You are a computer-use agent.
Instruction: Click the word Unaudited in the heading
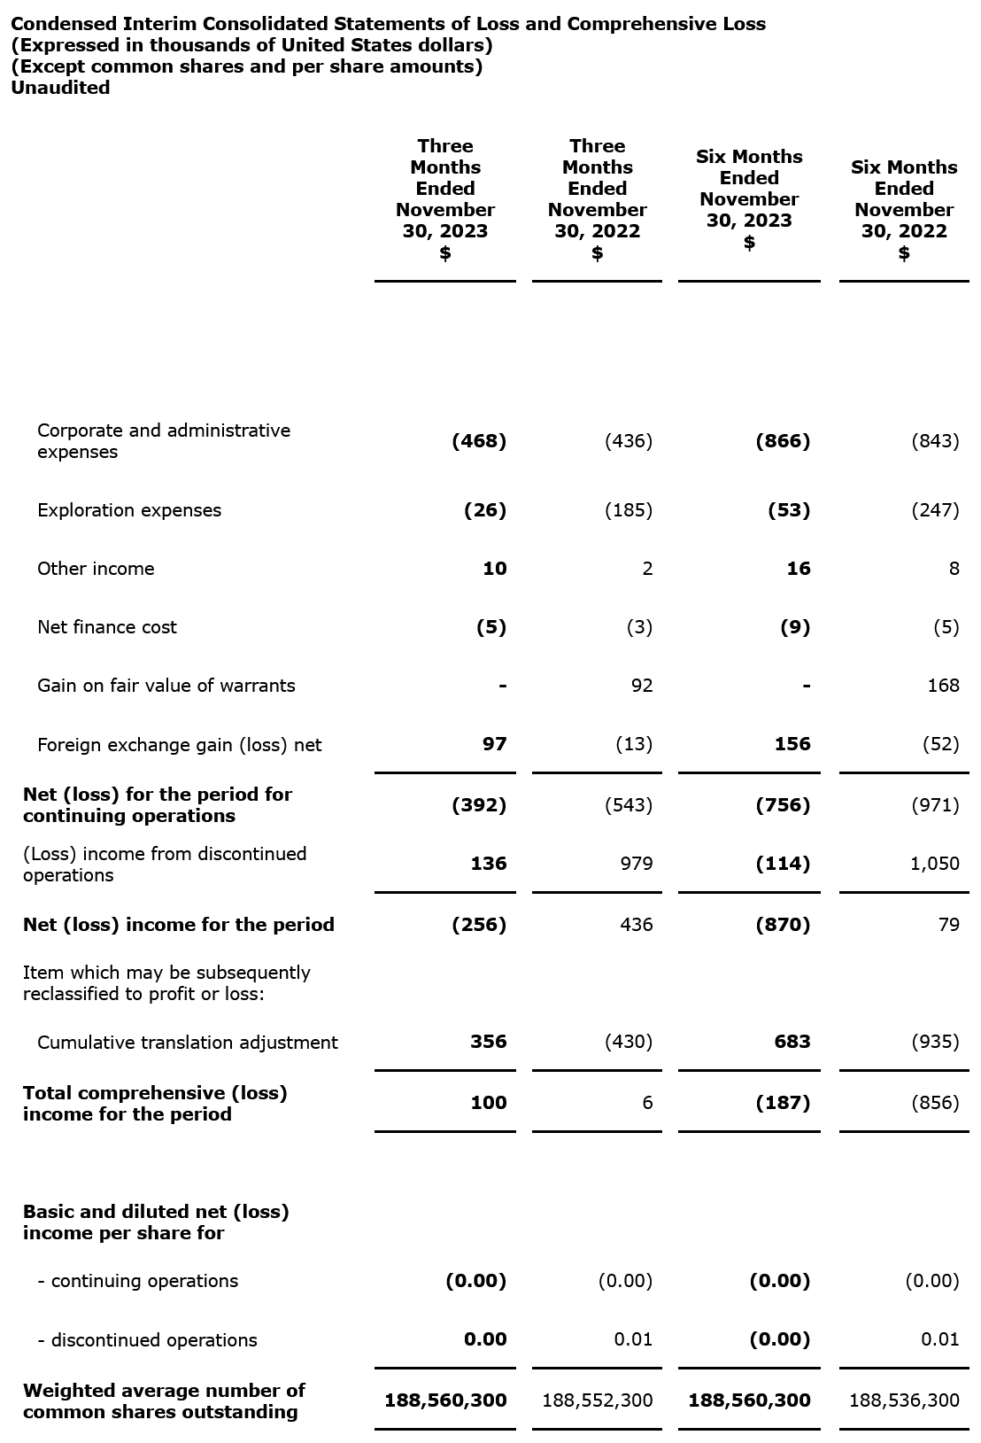[60, 88]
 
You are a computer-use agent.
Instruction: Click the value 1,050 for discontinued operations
[934, 864]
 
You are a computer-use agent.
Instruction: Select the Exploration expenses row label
[129, 510]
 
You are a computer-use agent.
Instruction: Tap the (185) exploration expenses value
[628, 510]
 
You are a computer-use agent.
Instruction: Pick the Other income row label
[96, 569]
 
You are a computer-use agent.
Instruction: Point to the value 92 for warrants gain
[641, 686]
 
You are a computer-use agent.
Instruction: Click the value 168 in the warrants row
[943, 686]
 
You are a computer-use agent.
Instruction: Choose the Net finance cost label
[107, 627]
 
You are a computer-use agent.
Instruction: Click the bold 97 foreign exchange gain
[494, 744]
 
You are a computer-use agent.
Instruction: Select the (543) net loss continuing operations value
[628, 805]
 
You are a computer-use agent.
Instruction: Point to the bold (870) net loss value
[783, 925]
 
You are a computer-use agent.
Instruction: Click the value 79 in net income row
[948, 925]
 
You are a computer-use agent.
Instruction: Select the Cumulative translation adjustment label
[188, 1043]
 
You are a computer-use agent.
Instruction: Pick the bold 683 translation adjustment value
[792, 1042]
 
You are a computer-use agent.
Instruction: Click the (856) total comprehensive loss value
[935, 1103]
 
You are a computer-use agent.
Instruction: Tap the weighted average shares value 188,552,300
[598, 1400]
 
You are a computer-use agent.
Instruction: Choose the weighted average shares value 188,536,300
[904, 1400]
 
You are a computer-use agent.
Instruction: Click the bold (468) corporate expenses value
[479, 441]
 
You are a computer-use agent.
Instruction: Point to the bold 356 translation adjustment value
[488, 1042]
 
